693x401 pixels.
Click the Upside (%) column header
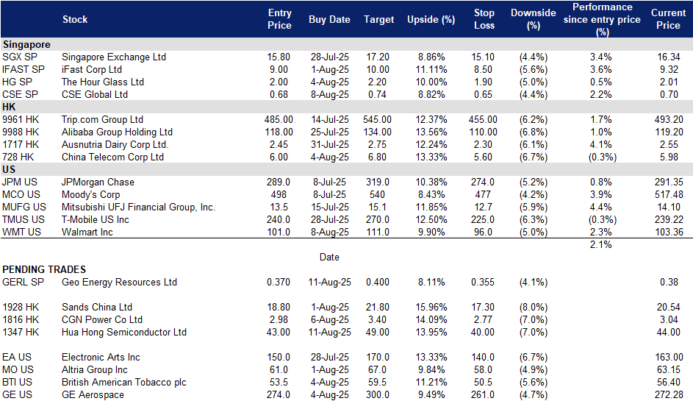click(431, 19)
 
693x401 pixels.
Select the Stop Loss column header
click(484, 19)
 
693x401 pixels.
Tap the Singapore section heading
click(26, 44)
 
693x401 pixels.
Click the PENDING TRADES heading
click(44, 269)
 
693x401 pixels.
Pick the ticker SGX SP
click(20, 57)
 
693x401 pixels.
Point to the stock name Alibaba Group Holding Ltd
click(117, 132)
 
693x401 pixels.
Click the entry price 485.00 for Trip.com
click(279, 119)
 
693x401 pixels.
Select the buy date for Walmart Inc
click(330, 232)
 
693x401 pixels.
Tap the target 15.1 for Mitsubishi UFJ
click(378, 207)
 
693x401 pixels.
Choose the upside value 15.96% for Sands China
click(431, 307)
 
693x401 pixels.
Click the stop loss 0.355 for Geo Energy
click(483, 282)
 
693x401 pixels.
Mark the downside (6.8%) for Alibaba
click(534, 132)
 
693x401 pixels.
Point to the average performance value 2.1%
click(601, 244)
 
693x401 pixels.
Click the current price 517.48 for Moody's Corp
click(669, 195)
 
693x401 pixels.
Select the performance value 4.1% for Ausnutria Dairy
click(601, 145)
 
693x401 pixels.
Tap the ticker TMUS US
click(24, 219)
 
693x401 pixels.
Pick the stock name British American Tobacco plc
click(124, 382)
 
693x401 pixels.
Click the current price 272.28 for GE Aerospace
click(669, 394)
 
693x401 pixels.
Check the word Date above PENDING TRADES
click(329, 257)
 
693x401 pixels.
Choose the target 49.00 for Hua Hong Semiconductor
click(378, 332)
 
